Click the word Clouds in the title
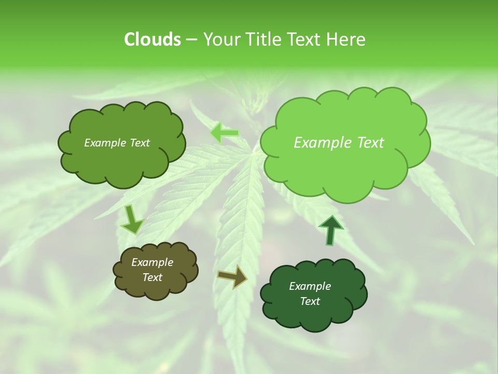(x=152, y=39)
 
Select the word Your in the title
(x=222, y=39)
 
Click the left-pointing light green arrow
(x=225, y=133)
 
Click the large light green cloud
(x=344, y=156)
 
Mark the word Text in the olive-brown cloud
(x=152, y=278)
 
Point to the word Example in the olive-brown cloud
(x=152, y=263)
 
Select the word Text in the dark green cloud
(x=310, y=301)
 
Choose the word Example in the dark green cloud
(x=310, y=286)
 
